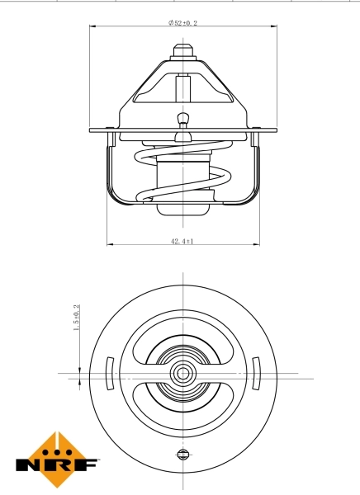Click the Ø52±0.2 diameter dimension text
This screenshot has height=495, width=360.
point(182,24)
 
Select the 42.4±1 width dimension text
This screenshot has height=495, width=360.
point(182,241)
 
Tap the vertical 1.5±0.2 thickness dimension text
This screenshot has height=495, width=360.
point(77,318)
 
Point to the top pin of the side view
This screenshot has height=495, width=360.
point(182,49)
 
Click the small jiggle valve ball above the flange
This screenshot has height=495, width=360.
point(182,117)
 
